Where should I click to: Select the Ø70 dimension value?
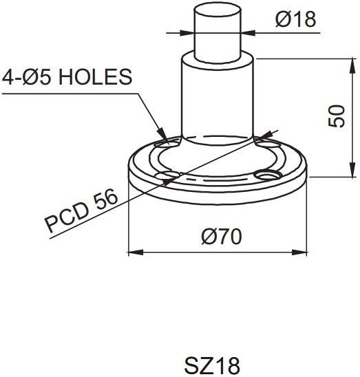coord(221,237)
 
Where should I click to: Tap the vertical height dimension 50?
coord(336,116)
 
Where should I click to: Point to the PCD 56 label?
coord(81,212)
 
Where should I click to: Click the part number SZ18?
coord(213,364)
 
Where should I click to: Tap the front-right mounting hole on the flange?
coord(266,176)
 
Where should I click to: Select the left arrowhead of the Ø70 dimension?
coord(134,252)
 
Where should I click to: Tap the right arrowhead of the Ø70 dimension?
coord(303,252)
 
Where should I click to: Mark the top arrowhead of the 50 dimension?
coord(343,63)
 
